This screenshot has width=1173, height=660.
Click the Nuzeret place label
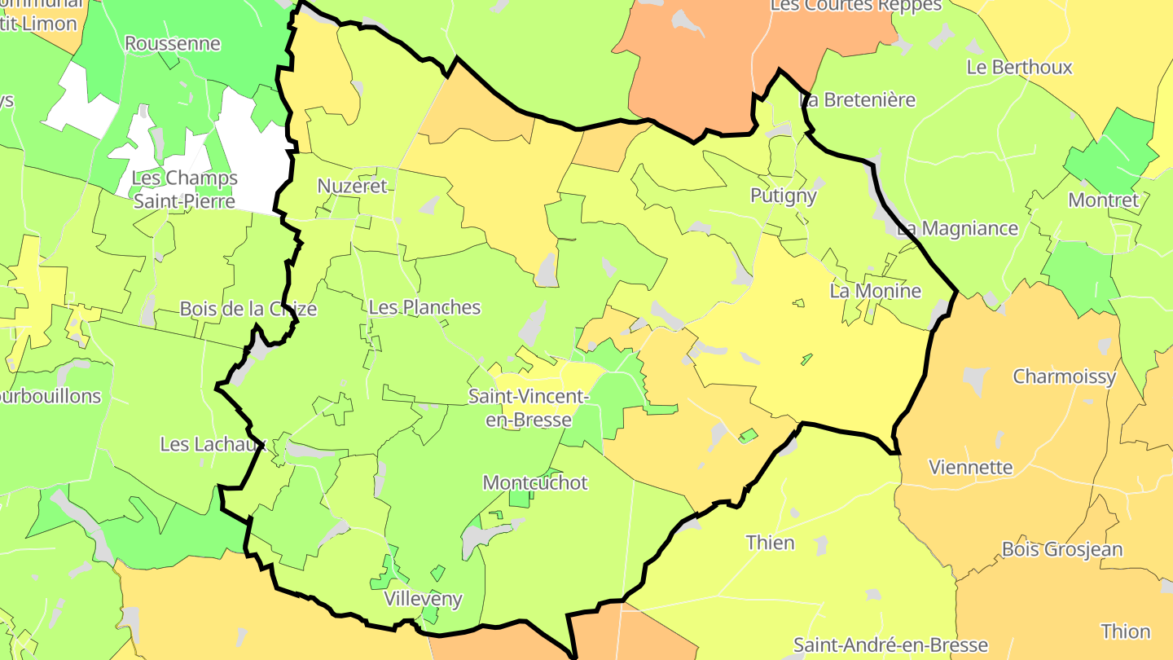[352, 186]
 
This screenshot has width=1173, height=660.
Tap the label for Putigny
[783, 196]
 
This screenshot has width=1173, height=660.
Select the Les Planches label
[424, 307]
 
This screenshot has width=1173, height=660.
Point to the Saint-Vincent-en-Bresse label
[528, 407]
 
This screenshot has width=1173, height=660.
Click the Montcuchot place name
[535, 482]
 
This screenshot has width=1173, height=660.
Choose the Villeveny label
[423, 600]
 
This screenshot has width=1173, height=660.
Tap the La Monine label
[876, 291]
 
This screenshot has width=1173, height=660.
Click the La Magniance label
[957, 228]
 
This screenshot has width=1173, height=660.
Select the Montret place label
[1103, 200]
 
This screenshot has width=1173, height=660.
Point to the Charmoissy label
[1064, 376]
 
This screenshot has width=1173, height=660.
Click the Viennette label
[971, 468]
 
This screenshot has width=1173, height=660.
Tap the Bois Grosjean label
[1062, 549]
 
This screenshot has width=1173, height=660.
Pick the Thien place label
[770, 543]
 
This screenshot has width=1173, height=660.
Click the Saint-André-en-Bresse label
[890, 645]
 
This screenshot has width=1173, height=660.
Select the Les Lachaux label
[213, 444]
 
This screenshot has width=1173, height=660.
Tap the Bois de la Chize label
[248, 309]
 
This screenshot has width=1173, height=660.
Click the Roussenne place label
[172, 43]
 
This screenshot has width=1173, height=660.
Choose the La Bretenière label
[859, 100]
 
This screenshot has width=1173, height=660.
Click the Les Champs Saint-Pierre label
[184, 189]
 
